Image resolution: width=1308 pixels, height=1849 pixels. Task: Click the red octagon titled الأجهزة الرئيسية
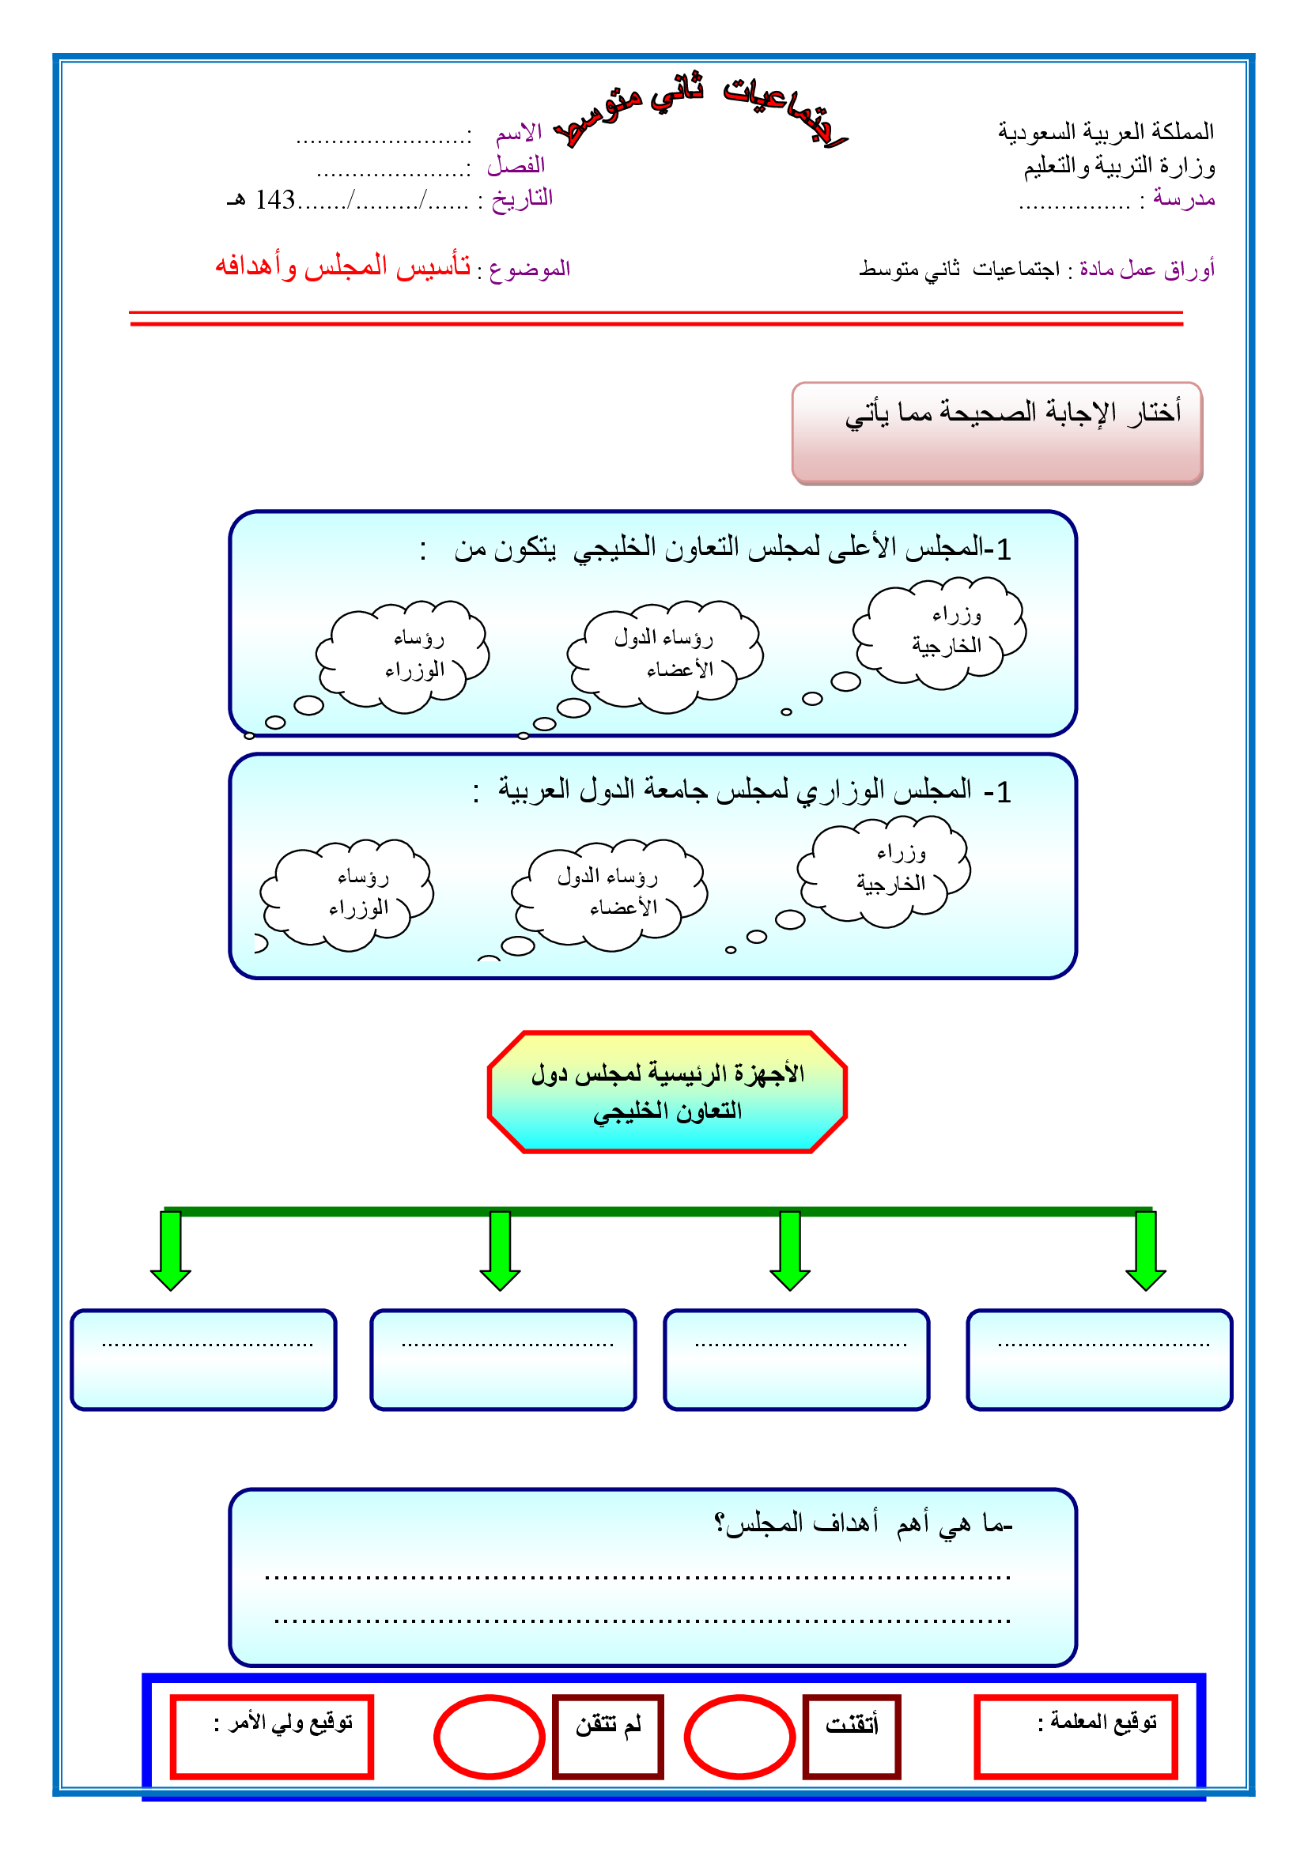pos(667,1091)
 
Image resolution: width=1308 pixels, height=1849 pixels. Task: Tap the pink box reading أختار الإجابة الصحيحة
pos(996,432)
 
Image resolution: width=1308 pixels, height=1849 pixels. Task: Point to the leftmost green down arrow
pos(171,1250)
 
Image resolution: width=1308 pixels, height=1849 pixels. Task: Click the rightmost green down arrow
pos(1145,1250)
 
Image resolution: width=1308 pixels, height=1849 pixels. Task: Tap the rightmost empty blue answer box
pos(1099,1360)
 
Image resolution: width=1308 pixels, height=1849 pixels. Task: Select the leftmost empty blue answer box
pos(203,1360)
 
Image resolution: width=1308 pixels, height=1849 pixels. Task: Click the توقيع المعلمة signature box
pos(1076,1736)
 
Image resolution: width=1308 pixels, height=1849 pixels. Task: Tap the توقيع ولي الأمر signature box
pos(271,1736)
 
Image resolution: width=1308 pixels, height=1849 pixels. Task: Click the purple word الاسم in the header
pos(519,132)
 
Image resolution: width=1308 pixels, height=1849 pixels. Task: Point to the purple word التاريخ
pos(522,198)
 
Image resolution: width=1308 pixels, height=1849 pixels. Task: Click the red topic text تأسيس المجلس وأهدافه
pos(342,266)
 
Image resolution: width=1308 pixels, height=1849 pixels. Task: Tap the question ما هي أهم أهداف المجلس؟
pos(863,1523)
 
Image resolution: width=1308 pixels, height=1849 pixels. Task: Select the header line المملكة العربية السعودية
pos(1105,131)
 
